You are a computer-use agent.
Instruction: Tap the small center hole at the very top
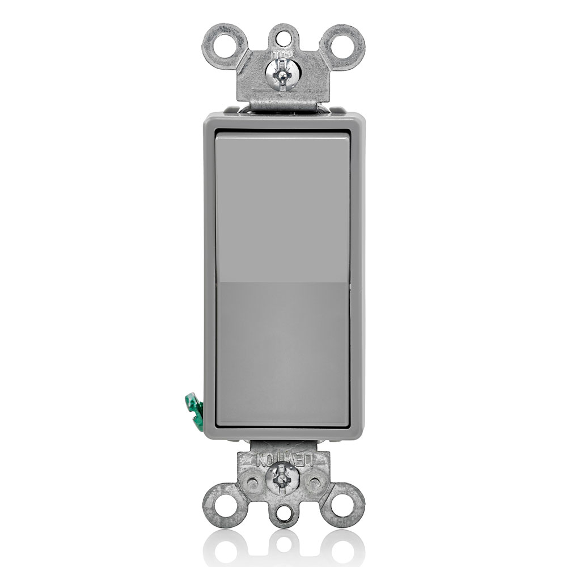(x=282, y=35)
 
